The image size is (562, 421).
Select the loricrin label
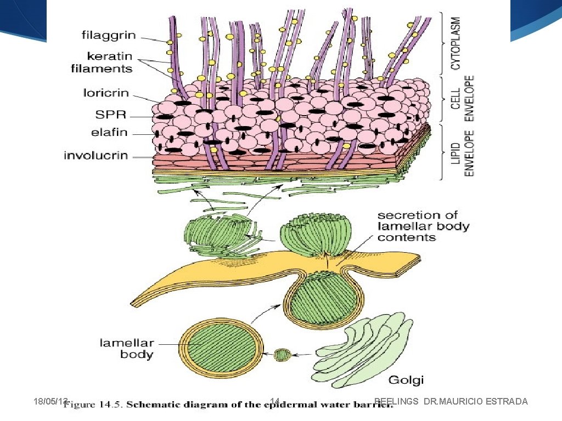106,93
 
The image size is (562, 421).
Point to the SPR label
112,115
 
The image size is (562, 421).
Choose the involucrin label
96,155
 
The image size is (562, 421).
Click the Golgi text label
406,380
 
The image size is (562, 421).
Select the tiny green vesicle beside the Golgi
283,355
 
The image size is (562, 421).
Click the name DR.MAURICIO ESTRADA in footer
476,402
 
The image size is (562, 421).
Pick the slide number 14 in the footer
276,402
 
